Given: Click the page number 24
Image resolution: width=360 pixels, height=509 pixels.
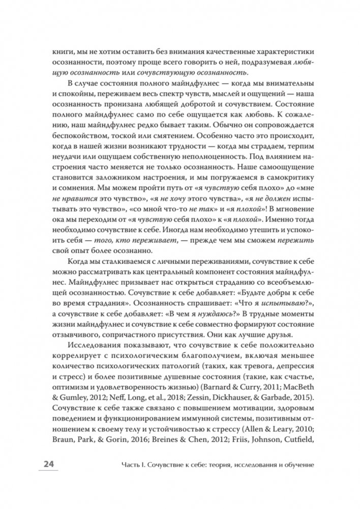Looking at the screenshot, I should pyautogui.click(x=49, y=465).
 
